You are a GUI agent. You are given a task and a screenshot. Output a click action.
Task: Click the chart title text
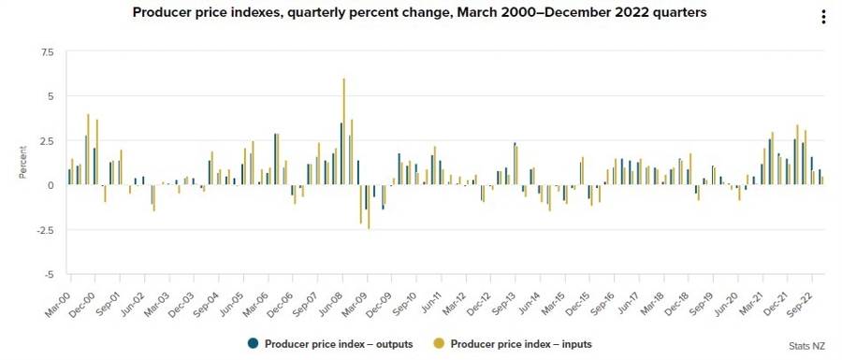419,13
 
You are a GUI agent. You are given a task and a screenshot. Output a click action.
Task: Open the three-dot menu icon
823,17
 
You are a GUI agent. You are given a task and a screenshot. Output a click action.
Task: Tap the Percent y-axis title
22,163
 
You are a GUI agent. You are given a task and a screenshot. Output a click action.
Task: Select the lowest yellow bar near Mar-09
369,207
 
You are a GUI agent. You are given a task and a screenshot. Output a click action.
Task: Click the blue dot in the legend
253,343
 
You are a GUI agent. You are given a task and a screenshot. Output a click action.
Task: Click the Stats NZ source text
808,346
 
